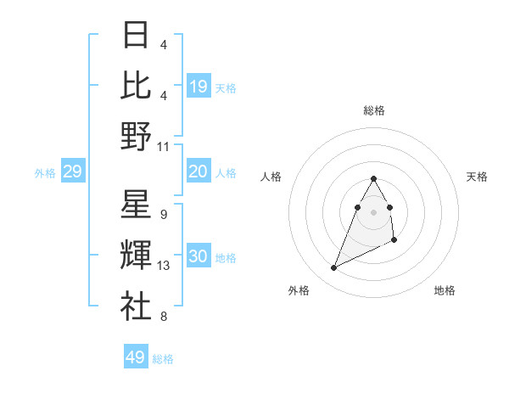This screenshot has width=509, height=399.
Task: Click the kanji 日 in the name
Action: click(x=136, y=36)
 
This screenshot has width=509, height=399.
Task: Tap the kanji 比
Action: click(x=136, y=85)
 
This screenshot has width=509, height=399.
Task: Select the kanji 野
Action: click(x=136, y=136)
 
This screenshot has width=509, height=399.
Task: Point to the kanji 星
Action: click(x=136, y=205)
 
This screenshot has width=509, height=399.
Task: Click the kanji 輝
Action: click(x=136, y=256)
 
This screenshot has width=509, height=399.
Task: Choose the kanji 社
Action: click(x=136, y=306)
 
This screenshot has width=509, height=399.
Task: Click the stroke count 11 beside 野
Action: click(x=164, y=147)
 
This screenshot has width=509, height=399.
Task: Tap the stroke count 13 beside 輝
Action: click(x=164, y=267)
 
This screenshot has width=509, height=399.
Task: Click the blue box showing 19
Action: click(x=199, y=87)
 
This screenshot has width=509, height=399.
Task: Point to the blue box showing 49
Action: click(x=136, y=357)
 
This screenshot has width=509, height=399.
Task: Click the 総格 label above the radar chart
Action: click(x=374, y=110)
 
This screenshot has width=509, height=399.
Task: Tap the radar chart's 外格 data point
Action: click(x=334, y=268)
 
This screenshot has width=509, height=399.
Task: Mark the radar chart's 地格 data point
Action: click(x=394, y=242)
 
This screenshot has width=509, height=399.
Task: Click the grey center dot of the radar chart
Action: click(x=374, y=211)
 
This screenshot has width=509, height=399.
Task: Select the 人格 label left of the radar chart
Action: click(x=271, y=177)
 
